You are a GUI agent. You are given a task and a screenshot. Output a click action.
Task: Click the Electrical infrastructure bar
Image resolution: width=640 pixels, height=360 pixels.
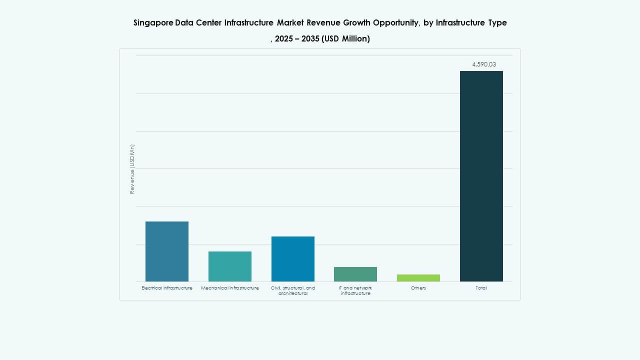[167, 251]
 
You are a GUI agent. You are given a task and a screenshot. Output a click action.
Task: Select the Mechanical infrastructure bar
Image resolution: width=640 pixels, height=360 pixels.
[230, 266]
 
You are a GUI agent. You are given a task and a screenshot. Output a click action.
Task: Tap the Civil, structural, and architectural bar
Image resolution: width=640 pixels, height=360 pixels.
[293, 258]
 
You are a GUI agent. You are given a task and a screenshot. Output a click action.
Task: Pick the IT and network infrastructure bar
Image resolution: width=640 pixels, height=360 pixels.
[355, 274]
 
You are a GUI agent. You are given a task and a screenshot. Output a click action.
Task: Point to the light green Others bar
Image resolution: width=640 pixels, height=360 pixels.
[418, 278]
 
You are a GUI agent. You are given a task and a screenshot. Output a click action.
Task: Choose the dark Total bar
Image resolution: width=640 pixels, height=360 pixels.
[481, 176]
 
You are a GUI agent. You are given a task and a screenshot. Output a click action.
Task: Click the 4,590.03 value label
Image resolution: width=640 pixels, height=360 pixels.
[484, 64]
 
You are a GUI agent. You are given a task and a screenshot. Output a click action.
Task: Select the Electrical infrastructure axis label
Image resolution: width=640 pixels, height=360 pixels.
[167, 288]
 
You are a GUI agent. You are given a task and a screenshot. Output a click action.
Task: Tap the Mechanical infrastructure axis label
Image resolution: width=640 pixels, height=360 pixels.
[230, 288]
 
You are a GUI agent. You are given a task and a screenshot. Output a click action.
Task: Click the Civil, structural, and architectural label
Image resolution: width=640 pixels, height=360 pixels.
[293, 290]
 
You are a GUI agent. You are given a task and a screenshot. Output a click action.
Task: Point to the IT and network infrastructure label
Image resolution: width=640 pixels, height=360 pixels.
[355, 290]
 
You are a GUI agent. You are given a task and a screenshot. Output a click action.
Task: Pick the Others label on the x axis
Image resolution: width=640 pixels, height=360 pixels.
[418, 288]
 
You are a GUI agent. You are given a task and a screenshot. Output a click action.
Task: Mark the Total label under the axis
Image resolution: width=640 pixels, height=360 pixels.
[481, 288]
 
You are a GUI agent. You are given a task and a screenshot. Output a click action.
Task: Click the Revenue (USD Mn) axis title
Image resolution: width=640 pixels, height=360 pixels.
[132, 169]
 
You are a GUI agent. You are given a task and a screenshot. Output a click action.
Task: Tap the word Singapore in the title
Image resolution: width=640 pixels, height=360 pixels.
[153, 23]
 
